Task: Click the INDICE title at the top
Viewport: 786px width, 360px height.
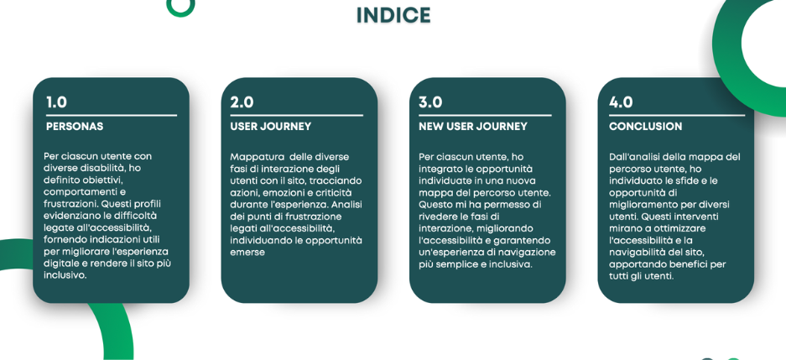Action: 393,15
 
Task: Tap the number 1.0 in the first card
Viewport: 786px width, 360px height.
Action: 57,102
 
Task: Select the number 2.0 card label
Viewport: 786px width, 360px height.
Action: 242,102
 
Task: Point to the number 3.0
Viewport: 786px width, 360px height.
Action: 430,102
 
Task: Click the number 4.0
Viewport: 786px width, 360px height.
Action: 621,102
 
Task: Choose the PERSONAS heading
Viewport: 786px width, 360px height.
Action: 75,127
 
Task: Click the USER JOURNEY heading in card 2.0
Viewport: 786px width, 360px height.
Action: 271,127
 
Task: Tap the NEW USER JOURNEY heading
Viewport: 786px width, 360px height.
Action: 473,127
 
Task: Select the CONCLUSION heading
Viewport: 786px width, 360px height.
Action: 646,127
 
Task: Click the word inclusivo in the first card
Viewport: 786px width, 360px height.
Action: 65,275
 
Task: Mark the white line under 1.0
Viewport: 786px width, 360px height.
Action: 112,115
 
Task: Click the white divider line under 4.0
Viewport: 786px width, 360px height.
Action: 677,115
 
